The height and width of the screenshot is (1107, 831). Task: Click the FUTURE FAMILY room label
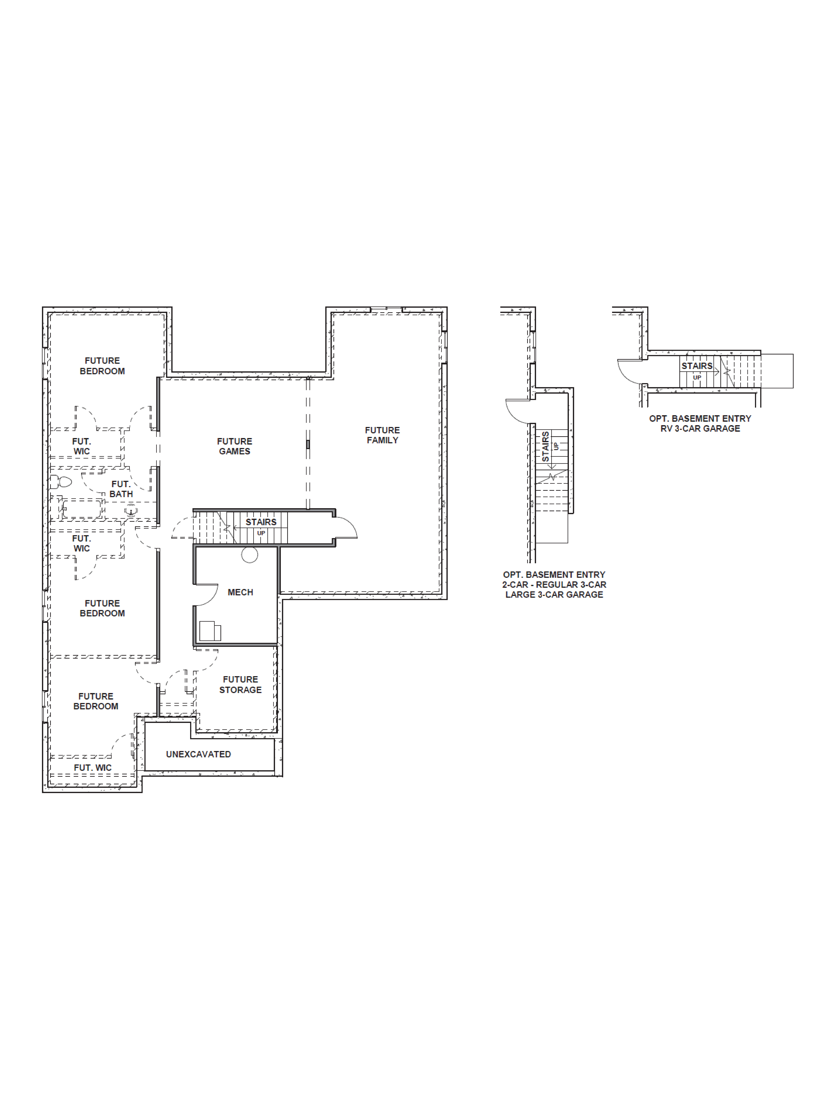pos(382,435)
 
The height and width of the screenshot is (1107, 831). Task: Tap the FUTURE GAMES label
pos(234,446)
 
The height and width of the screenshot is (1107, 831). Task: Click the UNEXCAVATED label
pos(198,754)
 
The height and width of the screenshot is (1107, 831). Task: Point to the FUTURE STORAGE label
pos(240,684)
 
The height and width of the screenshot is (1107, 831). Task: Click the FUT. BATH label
pos(121,489)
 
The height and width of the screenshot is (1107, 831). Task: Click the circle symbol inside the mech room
pos(249,555)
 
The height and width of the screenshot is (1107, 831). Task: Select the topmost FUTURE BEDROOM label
pos(102,366)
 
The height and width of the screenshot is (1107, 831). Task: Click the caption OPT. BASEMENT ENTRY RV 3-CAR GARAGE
pos(700,423)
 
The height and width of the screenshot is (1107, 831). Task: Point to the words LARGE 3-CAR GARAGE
pos(554,595)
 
